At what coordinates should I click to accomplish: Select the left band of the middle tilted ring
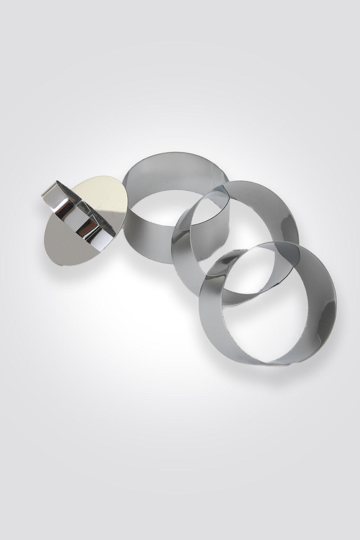point(182,252)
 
